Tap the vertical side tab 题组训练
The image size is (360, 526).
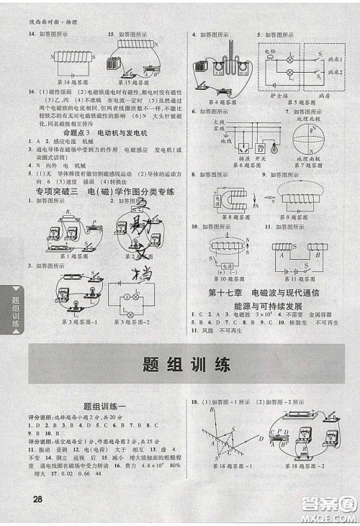click(12, 314)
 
